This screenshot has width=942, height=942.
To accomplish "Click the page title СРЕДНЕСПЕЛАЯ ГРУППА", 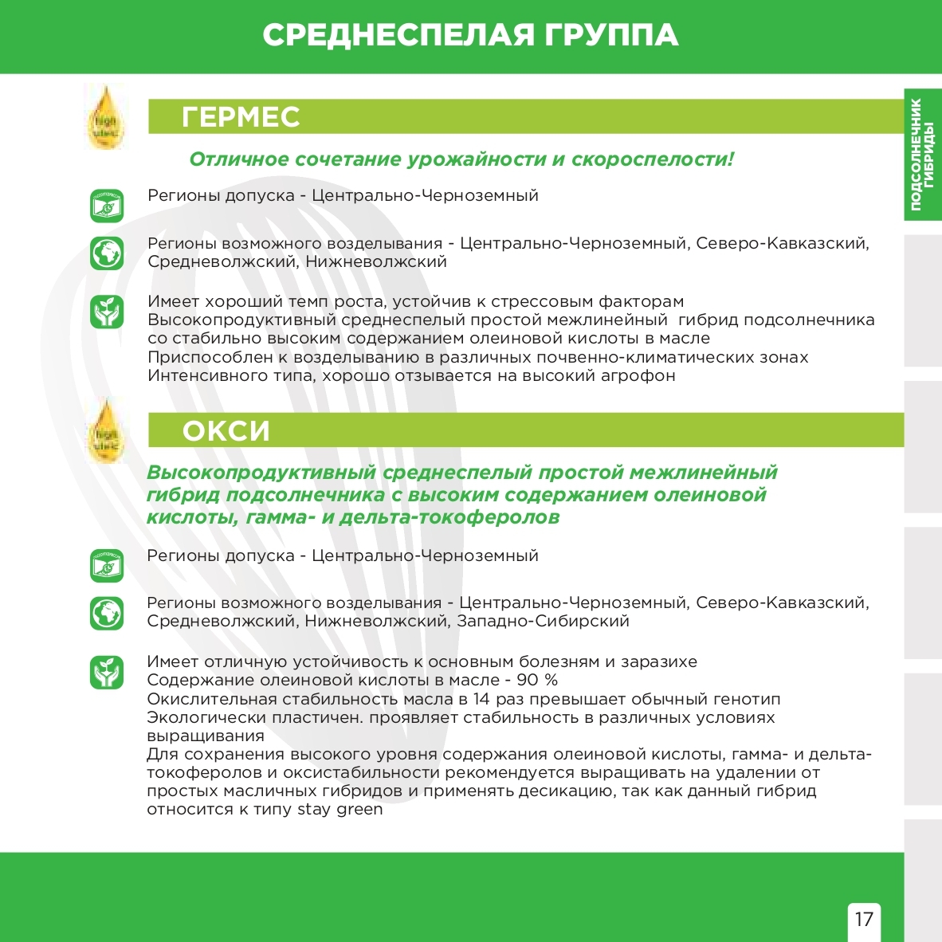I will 470,36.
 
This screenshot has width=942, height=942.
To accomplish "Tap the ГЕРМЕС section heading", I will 241,117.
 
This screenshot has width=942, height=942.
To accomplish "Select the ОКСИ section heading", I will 226,431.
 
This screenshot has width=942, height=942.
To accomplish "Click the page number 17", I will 864,919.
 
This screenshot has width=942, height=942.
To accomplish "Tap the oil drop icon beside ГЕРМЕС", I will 105,117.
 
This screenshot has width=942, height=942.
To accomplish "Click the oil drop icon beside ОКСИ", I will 105,431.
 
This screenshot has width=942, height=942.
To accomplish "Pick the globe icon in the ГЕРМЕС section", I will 106,253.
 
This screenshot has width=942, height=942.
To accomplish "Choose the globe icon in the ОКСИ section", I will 106,613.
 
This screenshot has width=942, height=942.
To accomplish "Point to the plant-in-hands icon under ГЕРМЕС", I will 106,312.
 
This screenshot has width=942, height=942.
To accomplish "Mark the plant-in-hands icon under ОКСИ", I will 106,672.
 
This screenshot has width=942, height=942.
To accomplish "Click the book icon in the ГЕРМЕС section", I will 106,206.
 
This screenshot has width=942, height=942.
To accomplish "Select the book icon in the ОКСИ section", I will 106,566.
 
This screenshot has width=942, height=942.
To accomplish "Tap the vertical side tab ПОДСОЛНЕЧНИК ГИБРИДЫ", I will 922,155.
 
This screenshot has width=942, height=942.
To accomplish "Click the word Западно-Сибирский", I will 543,621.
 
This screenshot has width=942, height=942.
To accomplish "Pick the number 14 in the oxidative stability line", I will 481,699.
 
